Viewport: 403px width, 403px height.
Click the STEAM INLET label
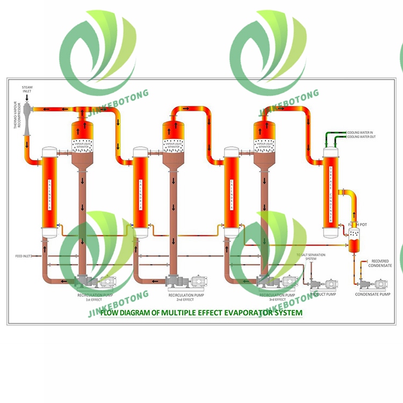(x=27, y=89)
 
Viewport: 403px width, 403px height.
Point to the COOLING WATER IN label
(x=360, y=132)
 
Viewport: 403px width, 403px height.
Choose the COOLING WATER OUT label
(x=361, y=137)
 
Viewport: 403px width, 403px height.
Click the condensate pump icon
(x=373, y=283)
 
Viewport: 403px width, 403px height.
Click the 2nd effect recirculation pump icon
(x=186, y=281)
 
